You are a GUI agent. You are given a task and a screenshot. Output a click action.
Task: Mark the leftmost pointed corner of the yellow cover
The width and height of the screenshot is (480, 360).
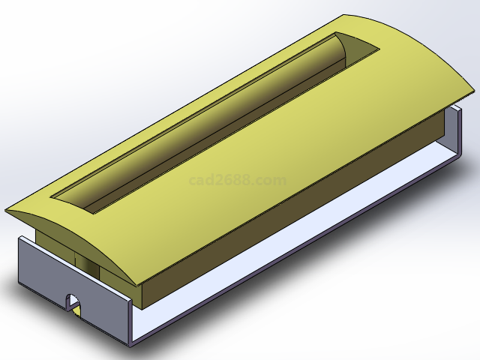(x=7, y=209)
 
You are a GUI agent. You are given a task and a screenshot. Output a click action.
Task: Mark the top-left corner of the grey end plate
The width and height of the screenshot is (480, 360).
(x=19, y=238)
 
